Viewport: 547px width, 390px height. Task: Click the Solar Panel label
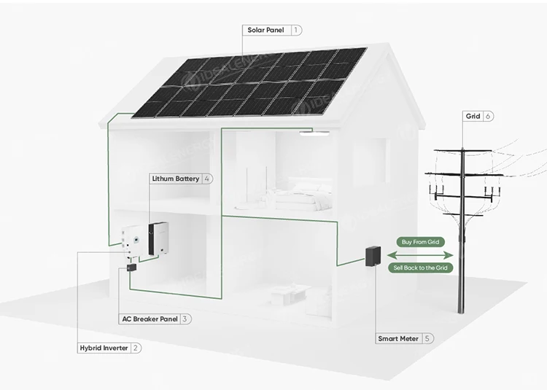[265, 31]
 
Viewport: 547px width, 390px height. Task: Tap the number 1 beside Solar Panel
[296, 31]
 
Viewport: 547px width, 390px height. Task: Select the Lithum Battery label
[176, 179]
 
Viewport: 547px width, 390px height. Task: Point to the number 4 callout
[207, 179]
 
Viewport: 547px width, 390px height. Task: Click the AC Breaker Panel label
[150, 319]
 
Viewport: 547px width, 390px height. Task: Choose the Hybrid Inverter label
[104, 348]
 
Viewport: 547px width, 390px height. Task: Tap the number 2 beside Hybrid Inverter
[136, 348]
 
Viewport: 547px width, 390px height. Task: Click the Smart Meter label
[398, 338]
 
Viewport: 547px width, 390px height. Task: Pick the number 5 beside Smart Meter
[427, 338]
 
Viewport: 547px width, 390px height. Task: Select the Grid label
[473, 116]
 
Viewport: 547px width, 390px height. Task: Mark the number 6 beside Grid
[488, 116]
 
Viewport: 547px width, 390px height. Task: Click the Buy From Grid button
[420, 242]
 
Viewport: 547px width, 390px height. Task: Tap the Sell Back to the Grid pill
[420, 268]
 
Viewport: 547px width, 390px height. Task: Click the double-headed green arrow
[420, 255]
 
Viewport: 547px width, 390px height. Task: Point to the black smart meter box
[373, 257]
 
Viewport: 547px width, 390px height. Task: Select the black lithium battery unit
[159, 239]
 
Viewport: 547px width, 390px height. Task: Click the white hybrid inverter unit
[134, 242]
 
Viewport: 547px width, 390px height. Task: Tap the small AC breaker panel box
[131, 268]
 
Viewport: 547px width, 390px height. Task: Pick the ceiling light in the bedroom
[314, 132]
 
